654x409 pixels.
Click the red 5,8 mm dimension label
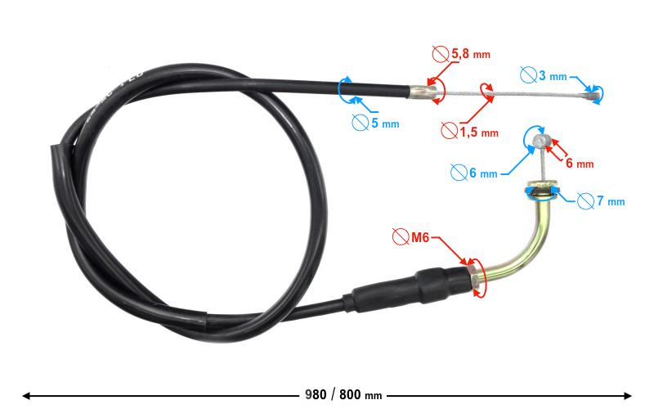471,55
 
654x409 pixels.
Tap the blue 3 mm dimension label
553,76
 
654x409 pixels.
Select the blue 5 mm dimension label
385,124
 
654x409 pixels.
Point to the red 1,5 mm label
478,132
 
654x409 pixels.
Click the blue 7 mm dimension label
610,200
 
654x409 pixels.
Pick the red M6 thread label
420,237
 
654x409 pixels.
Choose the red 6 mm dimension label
580,163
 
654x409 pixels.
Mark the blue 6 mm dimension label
483,173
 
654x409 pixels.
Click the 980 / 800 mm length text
343,395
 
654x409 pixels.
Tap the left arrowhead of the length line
26,396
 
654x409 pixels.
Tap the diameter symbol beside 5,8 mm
439,55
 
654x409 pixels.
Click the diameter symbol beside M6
400,237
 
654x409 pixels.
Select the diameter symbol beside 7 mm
585,200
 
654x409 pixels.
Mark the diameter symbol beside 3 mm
529,75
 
